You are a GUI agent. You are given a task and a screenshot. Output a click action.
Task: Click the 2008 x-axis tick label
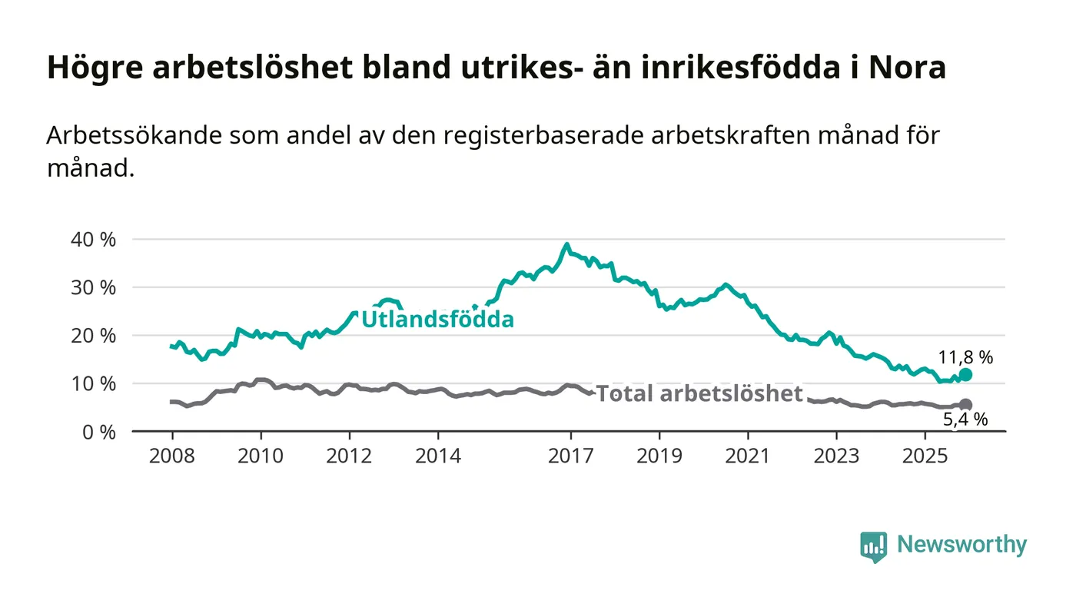(172, 456)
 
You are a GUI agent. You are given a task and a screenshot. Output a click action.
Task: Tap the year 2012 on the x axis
(350, 456)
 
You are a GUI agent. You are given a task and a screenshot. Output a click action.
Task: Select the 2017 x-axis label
(571, 456)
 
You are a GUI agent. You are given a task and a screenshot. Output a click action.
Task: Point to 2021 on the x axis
(749, 456)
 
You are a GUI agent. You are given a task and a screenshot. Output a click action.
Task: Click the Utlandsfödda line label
(437, 320)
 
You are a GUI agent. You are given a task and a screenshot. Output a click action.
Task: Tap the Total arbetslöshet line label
(699, 394)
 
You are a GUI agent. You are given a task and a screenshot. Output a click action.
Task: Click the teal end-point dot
(966, 375)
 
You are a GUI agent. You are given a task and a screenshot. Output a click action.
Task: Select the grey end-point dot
(966, 405)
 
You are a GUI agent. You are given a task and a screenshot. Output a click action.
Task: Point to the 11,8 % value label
(965, 356)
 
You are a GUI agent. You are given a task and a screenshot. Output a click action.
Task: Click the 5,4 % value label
(965, 420)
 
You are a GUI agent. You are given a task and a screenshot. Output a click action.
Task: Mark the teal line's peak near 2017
(566, 245)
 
